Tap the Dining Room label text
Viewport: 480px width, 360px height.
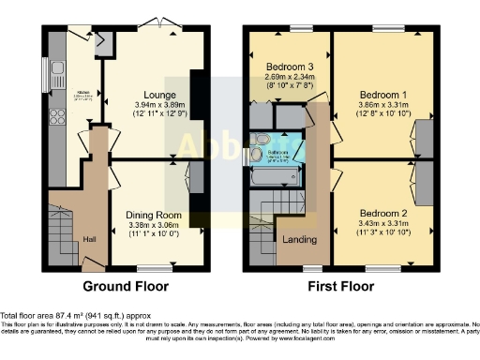[x=152, y=215]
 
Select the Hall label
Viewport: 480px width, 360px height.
[x=89, y=239]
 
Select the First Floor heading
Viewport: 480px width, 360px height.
[x=342, y=285]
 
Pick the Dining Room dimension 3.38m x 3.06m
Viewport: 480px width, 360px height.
[x=152, y=226]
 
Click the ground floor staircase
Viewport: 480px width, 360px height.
[x=61, y=234]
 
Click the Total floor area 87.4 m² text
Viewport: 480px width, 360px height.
[x=70, y=316]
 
